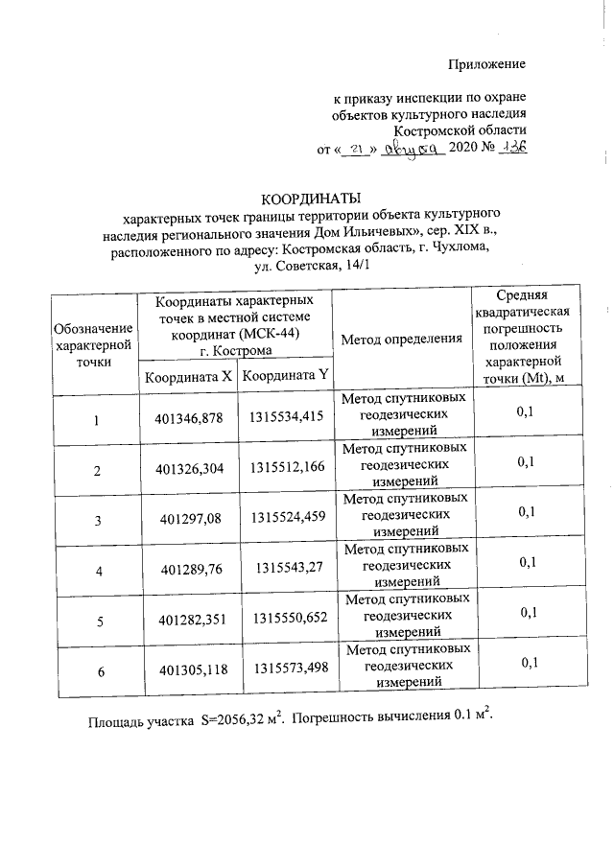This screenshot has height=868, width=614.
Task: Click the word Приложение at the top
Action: [x=488, y=64]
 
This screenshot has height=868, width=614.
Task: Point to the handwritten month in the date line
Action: [x=411, y=150]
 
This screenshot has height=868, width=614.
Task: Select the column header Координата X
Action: [x=188, y=377]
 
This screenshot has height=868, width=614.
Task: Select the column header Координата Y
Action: [x=285, y=377]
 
